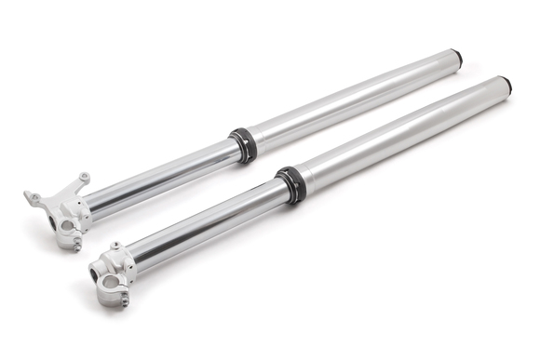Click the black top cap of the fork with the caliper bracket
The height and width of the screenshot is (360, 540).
pos(456,58)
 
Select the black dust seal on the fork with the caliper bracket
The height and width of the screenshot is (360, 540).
pos(244,144)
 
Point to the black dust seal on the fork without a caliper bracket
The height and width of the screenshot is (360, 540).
pos(291,183)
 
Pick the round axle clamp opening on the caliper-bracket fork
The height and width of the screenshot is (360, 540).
pos(67,225)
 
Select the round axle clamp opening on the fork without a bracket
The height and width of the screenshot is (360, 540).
pos(109,282)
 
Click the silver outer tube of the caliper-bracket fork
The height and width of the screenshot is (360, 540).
pos(354,98)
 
